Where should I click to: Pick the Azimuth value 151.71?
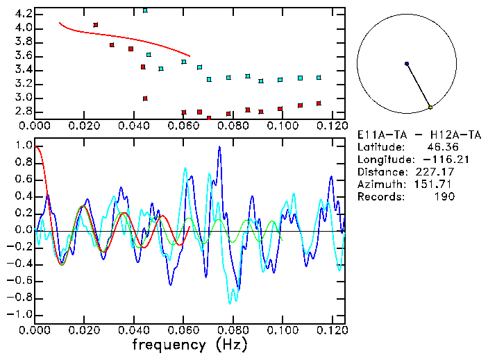[x=435, y=185]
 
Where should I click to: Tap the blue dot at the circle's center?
[x=407, y=64]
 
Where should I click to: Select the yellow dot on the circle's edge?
[x=430, y=108]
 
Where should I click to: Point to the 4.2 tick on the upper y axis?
[x=23, y=14]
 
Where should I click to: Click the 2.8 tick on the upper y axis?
[x=23, y=112]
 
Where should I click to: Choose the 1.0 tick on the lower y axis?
[x=23, y=146]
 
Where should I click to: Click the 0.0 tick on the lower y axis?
[x=23, y=230]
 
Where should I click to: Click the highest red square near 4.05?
[x=96, y=25]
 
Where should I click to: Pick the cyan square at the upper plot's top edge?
[x=145, y=10]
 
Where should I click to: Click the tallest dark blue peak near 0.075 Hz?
[x=219, y=147]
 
